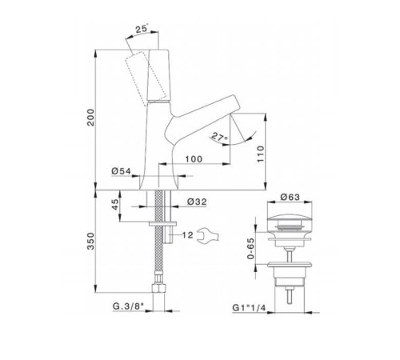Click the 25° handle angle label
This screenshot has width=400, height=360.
click(142, 29)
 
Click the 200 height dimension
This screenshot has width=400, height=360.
click(91, 118)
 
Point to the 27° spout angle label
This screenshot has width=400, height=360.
click(220, 138)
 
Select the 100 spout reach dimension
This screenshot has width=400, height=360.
click(194, 159)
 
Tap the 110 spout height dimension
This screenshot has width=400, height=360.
click(261, 154)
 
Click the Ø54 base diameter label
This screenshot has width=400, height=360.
click(122, 171)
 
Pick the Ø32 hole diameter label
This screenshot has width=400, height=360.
click(197, 202)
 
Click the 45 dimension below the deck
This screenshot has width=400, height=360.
click(115, 204)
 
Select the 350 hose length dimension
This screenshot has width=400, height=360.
click(91, 241)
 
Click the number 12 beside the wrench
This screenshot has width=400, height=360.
click(188, 235)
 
